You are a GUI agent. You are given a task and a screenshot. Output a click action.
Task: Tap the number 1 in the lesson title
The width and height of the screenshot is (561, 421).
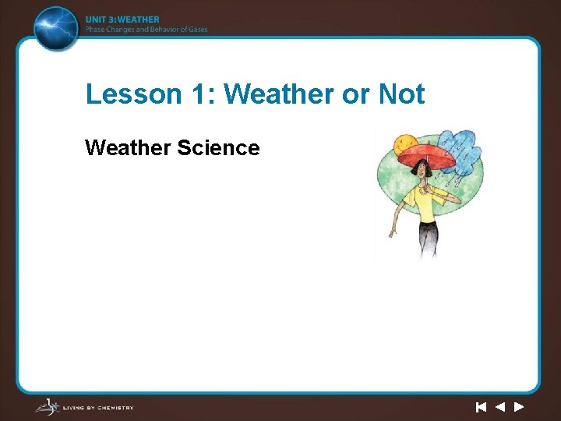[198, 94]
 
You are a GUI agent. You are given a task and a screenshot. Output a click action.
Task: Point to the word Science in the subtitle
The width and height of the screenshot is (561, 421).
[218, 147]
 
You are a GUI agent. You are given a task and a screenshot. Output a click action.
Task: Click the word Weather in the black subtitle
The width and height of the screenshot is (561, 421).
[128, 147]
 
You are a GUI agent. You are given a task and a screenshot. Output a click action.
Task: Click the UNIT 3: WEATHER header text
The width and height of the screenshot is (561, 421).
[122, 19]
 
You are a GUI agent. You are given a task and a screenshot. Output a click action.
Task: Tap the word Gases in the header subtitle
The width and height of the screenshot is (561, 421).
[196, 30]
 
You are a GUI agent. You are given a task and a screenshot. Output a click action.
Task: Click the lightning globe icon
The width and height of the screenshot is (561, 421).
[57, 27]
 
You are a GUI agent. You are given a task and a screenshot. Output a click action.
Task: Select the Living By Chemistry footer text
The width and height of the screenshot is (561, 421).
[101, 407]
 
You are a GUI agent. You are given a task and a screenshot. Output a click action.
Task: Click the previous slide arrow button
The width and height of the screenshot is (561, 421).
[499, 407]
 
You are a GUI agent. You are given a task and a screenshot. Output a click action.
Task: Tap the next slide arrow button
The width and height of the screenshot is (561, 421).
[518, 407]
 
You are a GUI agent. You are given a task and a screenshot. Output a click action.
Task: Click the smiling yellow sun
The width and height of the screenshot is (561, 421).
[406, 145]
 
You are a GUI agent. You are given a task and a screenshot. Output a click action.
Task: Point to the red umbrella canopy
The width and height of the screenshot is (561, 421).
[426, 154]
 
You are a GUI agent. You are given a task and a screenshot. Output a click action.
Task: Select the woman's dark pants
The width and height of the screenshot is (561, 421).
[428, 238]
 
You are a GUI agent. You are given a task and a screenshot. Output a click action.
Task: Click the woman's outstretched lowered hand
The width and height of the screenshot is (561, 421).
[393, 232]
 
